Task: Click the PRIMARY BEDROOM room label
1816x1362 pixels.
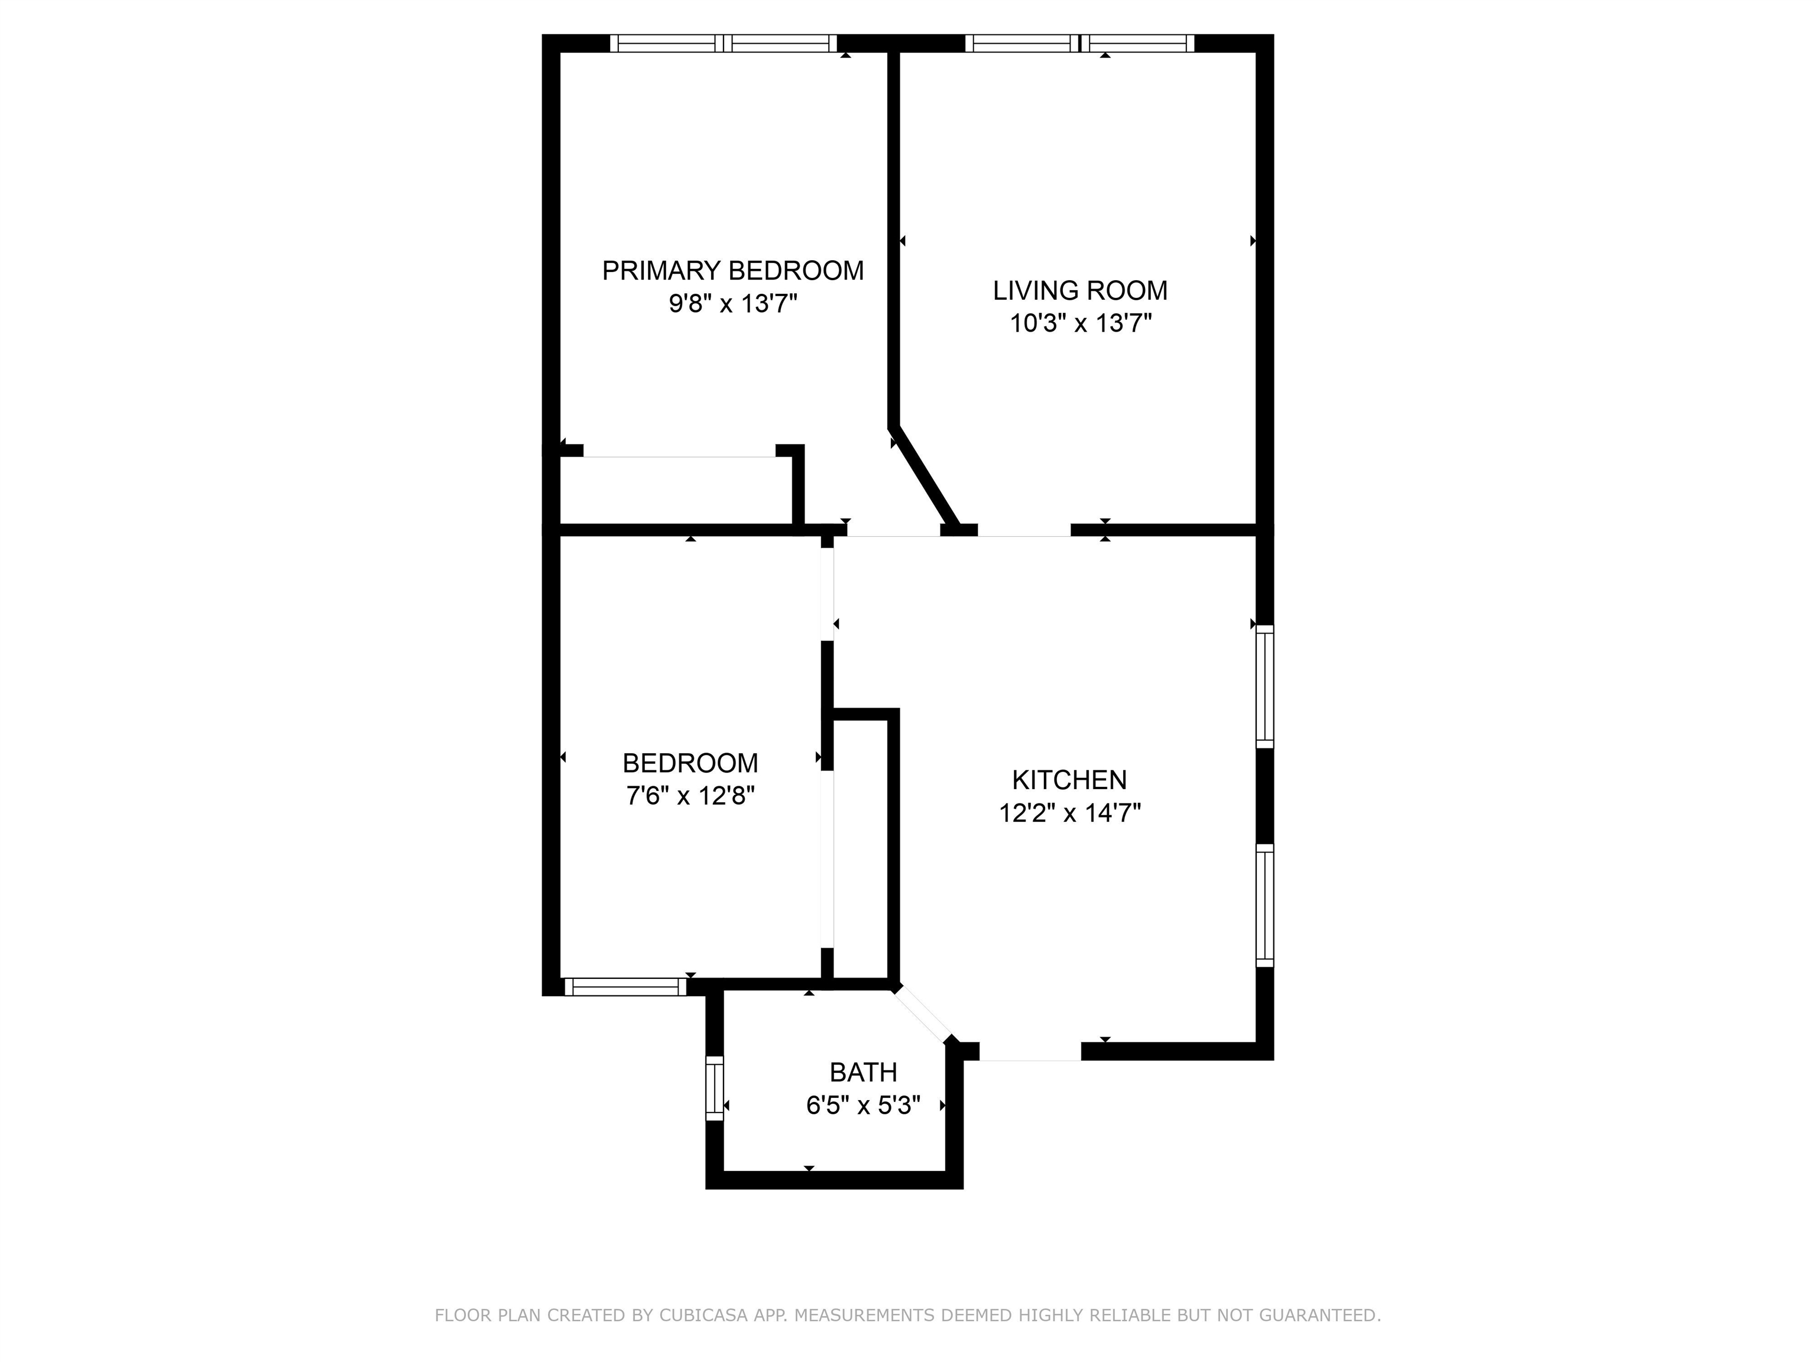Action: pos(732,270)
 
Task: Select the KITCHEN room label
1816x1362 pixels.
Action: pos(1069,779)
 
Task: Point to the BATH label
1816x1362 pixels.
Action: pos(863,1072)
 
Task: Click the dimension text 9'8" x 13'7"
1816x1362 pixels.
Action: pos(732,304)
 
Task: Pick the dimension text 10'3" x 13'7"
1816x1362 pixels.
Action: pos(1079,323)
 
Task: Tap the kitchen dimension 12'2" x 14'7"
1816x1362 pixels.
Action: pos(1069,813)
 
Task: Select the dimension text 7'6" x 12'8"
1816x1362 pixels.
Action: pos(690,796)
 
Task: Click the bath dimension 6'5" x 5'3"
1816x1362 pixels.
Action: pos(863,1106)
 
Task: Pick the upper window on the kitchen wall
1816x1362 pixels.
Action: pos(1265,686)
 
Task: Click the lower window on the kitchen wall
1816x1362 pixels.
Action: pos(1265,904)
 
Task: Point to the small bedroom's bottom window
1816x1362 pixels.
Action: pos(625,987)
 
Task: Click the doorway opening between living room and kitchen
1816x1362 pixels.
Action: pos(1024,530)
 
